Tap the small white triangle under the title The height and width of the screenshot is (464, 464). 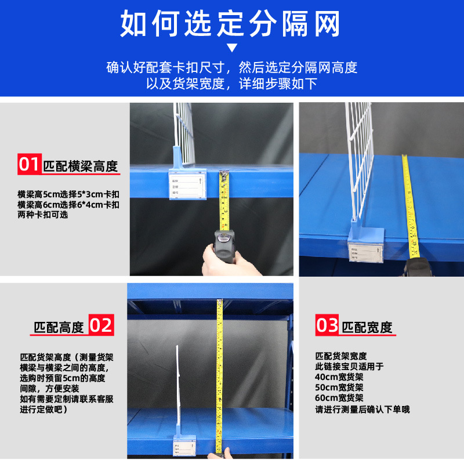[x=232, y=48]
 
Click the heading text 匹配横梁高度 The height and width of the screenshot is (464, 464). [x=81, y=166]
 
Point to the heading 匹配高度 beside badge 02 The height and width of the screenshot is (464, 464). [x=59, y=327]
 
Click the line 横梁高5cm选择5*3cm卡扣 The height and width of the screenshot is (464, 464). [x=68, y=194]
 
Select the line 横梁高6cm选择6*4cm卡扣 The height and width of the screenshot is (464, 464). [x=68, y=205]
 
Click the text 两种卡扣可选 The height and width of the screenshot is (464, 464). [x=43, y=215]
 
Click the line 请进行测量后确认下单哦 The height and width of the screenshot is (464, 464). [x=362, y=409]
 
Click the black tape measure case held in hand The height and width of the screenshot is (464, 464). [x=224, y=242]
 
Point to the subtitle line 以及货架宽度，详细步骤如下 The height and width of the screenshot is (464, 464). [x=232, y=84]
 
